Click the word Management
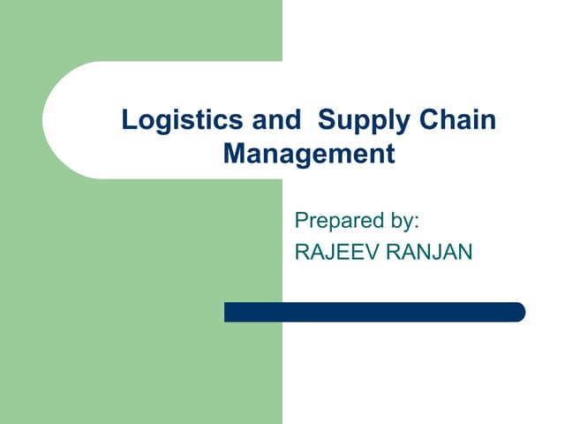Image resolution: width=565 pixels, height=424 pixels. [x=308, y=154]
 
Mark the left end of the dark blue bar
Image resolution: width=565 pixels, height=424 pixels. [x=228, y=312]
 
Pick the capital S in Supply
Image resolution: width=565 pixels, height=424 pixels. [x=324, y=120]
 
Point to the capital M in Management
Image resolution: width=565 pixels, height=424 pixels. [x=236, y=154]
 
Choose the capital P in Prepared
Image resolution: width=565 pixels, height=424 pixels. [x=301, y=220]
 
